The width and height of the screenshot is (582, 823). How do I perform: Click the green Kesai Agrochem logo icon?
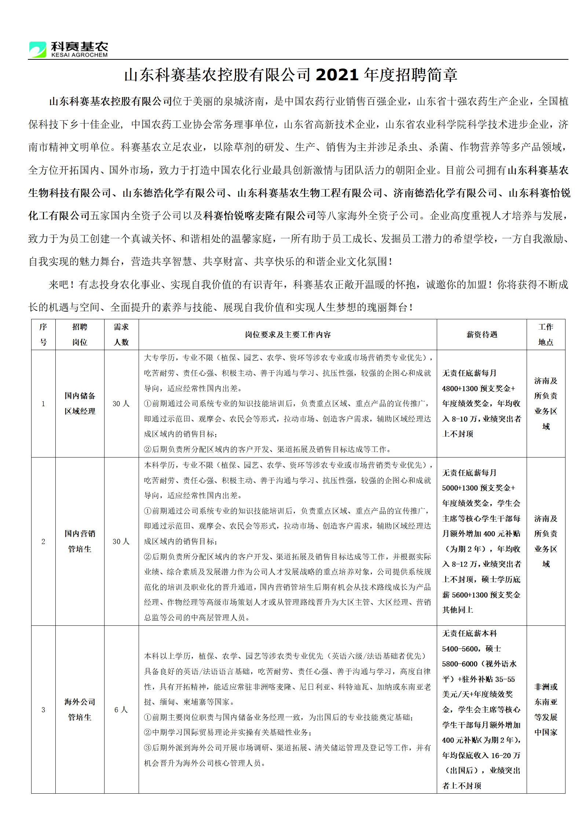point(38,49)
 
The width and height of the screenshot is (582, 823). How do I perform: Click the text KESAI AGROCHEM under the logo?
point(80,55)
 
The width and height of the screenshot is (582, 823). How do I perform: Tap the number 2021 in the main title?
point(337,75)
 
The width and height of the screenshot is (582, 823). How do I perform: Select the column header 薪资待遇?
point(482,334)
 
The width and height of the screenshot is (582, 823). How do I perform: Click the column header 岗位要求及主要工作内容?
point(288,334)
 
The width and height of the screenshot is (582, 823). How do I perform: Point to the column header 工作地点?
point(546,334)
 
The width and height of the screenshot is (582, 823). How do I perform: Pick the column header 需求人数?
point(121,334)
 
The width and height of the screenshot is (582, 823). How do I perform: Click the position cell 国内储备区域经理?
point(80,403)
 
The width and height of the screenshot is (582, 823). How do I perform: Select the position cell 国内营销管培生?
point(80,541)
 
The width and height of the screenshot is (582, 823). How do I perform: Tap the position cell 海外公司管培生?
point(80,709)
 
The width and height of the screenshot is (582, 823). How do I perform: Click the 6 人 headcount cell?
point(121,710)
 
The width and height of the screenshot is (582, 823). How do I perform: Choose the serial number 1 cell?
point(43,404)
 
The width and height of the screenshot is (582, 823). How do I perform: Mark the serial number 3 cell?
point(43,710)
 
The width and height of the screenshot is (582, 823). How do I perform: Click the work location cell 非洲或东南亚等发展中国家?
point(546,709)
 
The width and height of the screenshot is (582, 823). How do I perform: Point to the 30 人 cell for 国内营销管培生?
point(121,541)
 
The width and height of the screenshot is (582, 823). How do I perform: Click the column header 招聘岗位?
point(80,334)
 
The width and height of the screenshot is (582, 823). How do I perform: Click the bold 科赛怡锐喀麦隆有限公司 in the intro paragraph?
point(260,216)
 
